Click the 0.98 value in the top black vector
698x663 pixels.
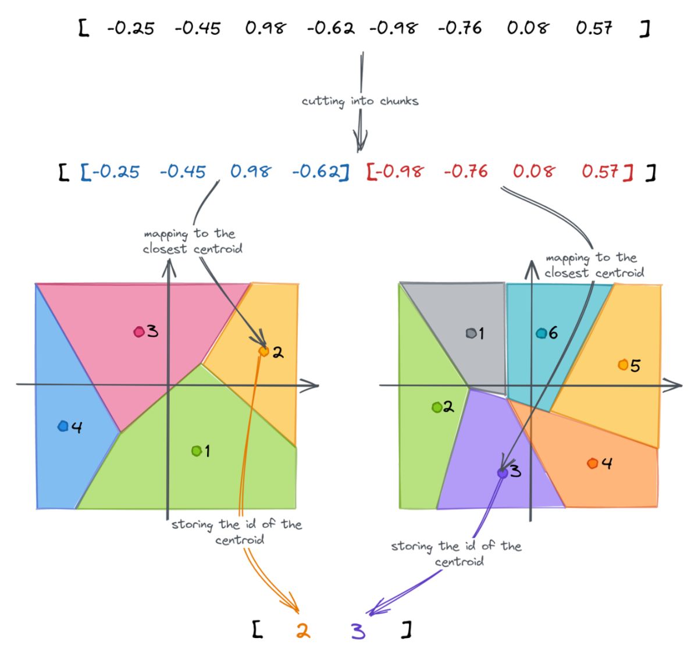[x=265, y=27]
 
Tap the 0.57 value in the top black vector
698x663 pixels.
[x=594, y=27]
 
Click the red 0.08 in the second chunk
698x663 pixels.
[x=533, y=172]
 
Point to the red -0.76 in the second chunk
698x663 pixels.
[x=465, y=172]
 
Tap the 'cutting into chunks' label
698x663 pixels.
[x=359, y=101]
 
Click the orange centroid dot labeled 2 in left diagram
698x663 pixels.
[x=263, y=351]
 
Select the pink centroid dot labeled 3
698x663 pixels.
[x=139, y=332]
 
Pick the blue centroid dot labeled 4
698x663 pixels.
[x=63, y=426]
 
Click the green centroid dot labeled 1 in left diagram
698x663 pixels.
[x=197, y=451]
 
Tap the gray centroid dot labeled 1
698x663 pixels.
[x=471, y=333]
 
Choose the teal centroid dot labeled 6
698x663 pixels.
[x=541, y=333]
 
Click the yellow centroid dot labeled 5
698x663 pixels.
[x=623, y=365]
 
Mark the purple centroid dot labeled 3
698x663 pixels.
[x=503, y=473]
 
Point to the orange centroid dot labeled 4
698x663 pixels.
[x=592, y=463]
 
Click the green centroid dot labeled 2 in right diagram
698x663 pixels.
[x=437, y=407]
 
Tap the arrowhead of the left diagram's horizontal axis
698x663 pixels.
[x=315, y=385]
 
